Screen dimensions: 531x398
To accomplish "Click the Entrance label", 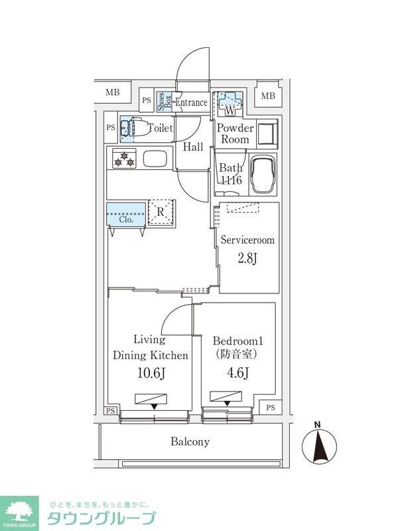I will (191, 102).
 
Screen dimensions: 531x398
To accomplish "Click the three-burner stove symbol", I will (124, 159).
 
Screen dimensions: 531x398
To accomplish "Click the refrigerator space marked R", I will (161, 212).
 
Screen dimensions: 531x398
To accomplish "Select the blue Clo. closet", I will (126, 215).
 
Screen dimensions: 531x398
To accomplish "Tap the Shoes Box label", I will (165, 101).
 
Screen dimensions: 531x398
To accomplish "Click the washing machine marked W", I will (231, 101).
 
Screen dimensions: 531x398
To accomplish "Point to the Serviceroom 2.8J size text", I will (247, 258).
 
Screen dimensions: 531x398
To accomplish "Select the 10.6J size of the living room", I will (150, 373).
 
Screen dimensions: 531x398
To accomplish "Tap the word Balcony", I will (190, 441).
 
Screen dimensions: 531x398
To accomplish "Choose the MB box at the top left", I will (113, 92).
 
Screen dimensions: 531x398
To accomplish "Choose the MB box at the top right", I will (267, 96).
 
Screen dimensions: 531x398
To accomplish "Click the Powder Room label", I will (235, 133).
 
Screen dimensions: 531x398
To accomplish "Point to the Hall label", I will (193, 147).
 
